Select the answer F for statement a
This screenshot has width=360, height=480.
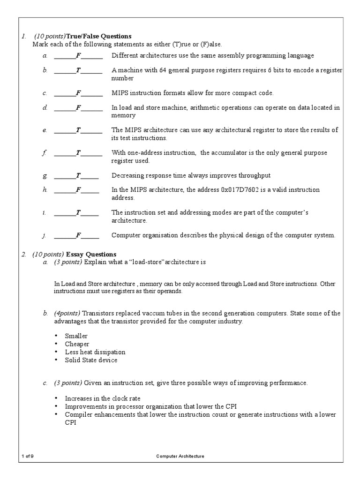coord(78,56)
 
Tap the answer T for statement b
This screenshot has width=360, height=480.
coord(78,70)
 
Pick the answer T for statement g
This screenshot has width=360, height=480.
coord(78,176)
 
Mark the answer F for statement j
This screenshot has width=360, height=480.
coord(78,235)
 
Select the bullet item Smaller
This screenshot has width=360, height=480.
coord(76,336)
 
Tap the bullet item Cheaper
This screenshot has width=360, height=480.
coord(77,344)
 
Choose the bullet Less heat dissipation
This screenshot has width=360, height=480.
coord(95,352)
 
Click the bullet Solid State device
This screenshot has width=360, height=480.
coord(91,360)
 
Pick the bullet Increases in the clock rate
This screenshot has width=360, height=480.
coord(103,398)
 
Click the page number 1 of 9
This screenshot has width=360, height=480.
coord(28,456)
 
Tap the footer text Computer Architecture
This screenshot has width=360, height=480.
coord(180,456)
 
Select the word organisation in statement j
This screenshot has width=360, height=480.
coord(157,235)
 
